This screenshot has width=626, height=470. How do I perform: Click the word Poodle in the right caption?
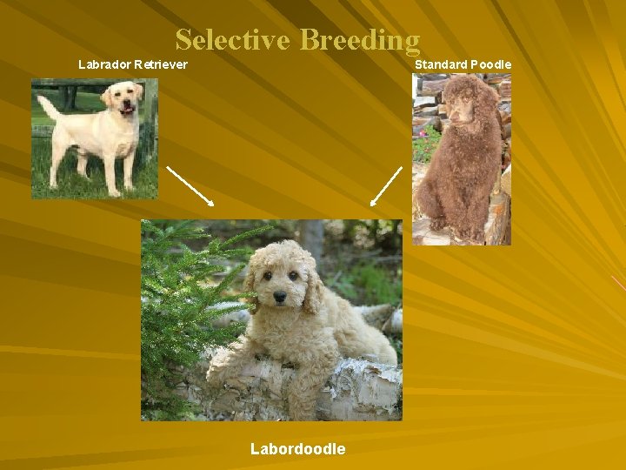pos(491,64)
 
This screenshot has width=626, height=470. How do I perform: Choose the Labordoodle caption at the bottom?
pos(297,449)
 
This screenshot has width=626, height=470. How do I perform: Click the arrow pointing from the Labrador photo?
pos(190,185)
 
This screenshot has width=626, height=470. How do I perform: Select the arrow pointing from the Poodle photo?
pos(386,185)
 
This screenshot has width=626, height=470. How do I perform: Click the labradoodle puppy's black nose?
pos(280,298)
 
